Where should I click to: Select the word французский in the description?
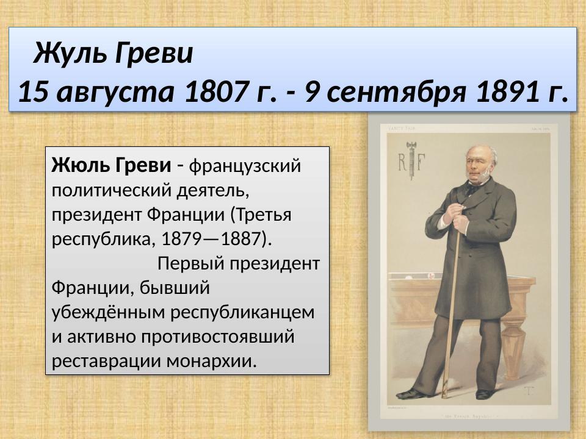(247, 165)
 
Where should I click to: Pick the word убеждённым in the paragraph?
(109, 312)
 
